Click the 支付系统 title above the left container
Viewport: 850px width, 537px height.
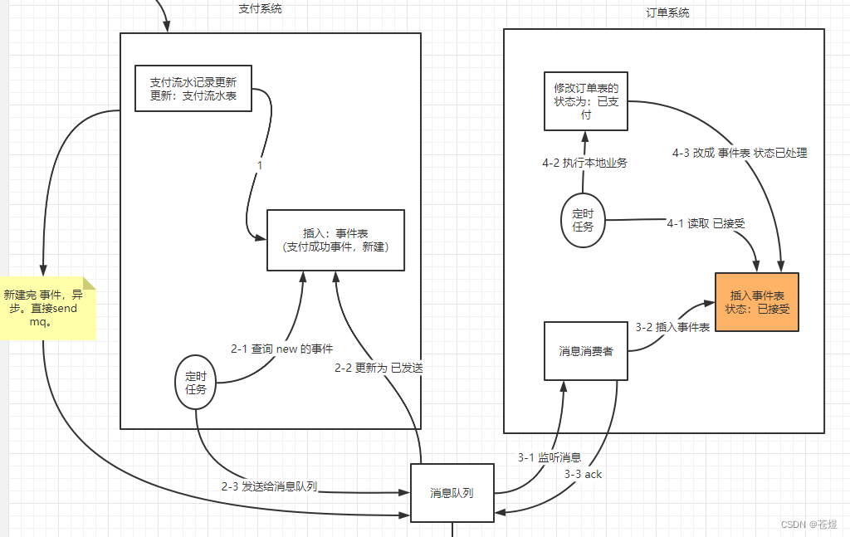[260, 9]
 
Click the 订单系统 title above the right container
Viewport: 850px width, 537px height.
[667, 13]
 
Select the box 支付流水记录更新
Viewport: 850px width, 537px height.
[193, 89]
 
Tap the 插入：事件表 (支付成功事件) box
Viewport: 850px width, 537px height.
[335, 240]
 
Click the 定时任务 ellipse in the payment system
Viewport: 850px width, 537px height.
[196, 382]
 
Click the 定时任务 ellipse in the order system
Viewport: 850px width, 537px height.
[583, 220]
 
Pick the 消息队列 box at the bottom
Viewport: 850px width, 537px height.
[452, 493]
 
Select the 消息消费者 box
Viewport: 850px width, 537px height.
[586, 351]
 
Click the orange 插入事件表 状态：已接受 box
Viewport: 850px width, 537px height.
[756, 302]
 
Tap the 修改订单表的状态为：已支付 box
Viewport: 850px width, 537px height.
[586, 101]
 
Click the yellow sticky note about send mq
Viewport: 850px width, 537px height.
[47, 308]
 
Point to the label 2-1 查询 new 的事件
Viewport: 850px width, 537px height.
[281, 349]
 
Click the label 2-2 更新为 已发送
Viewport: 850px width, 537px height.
[379, 368]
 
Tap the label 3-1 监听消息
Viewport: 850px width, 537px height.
[549, 457]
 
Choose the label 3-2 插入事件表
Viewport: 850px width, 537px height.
[672, 328]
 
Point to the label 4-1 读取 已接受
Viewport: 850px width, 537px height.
[706, 223]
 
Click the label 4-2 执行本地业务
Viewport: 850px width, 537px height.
[584, 163]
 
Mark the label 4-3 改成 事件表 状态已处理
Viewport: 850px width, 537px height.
[740, 153]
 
